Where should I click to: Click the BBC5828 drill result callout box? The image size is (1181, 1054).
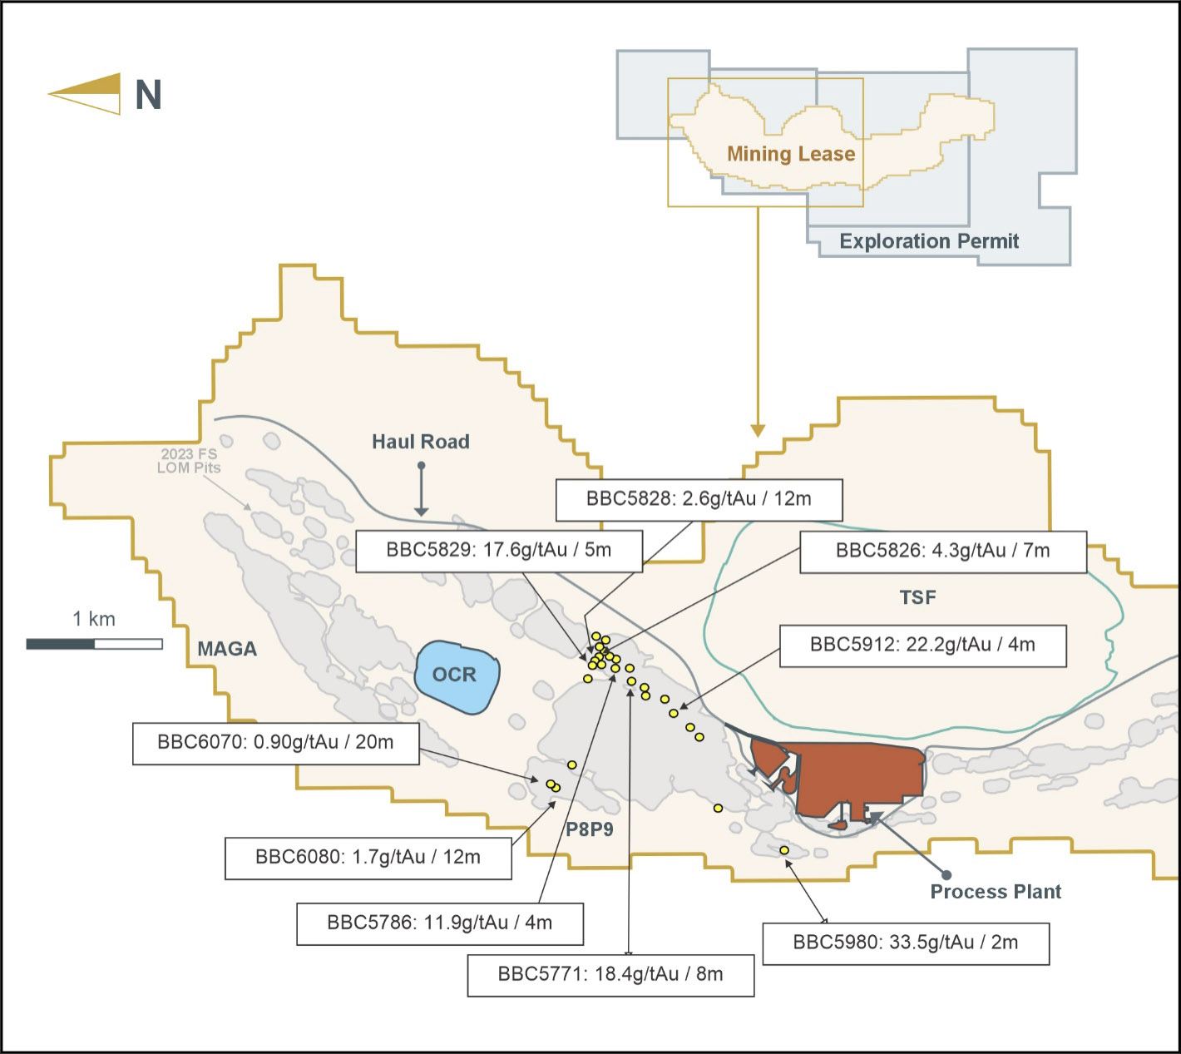699,500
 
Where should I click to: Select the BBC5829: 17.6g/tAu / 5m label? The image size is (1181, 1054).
499,551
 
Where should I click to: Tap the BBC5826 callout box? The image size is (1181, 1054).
943,552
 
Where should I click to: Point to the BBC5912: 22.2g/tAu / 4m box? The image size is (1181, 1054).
923,646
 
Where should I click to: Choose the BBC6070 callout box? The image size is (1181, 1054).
276,743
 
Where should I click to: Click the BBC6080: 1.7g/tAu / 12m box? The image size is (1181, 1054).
368,859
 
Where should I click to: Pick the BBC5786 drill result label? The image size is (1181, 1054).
440,924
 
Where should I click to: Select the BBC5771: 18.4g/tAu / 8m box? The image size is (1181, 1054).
611,975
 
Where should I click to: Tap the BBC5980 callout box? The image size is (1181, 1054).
906,944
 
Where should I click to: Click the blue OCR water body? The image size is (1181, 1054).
457,676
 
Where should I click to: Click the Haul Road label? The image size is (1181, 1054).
421,442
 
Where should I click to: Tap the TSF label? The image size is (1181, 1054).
918,597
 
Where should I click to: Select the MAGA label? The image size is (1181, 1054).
227,649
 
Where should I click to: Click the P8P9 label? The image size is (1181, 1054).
590,829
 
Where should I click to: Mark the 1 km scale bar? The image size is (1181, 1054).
95,644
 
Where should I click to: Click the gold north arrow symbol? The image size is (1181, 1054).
85,94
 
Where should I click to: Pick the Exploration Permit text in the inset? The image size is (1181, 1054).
929,241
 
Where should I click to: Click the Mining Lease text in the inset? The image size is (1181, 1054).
791,154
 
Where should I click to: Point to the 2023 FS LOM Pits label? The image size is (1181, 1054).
189,461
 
